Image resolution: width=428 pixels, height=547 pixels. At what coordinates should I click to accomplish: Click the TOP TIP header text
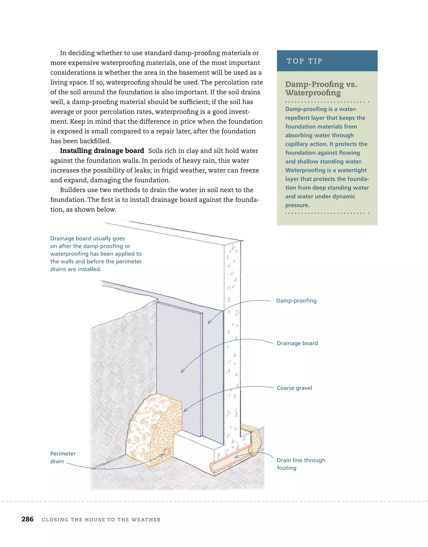(304, 61)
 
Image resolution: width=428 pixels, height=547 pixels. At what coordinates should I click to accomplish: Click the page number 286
(27, 519)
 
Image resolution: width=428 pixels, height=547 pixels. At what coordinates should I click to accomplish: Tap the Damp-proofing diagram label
(296, 301)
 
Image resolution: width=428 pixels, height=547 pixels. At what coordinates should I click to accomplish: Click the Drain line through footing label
(301, 464)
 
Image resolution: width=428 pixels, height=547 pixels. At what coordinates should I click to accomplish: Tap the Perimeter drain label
(63, 457)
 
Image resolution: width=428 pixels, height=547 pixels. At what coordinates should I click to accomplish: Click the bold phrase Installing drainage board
(102, 151)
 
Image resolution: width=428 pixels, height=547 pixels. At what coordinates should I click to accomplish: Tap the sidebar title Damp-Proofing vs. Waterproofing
(321, 88)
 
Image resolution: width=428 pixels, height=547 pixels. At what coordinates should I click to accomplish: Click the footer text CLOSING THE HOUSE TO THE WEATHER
(101, 520)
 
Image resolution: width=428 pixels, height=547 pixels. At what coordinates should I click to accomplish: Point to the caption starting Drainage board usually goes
(96, 254)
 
